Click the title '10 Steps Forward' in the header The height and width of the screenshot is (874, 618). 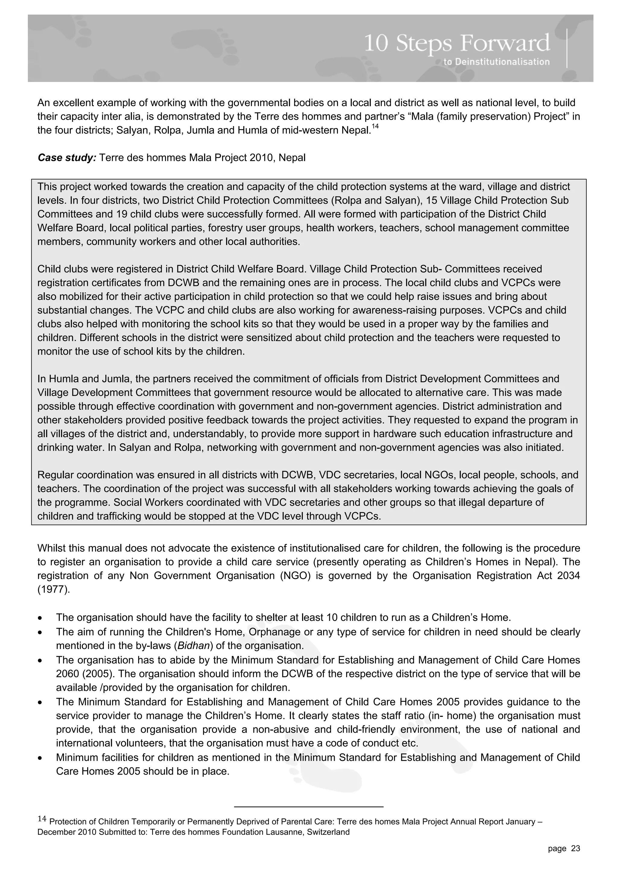457,43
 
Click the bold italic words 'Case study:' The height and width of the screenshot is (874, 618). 67,157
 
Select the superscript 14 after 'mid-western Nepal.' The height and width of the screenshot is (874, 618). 375,126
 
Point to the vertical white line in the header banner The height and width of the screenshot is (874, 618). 567,48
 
